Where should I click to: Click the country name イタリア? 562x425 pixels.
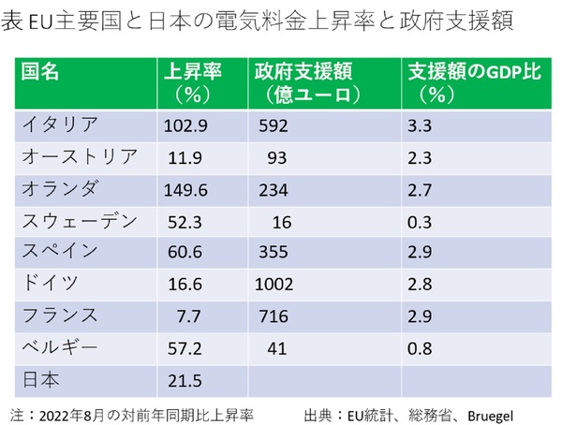click(60, 123)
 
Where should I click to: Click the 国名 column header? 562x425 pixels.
click(41, 71)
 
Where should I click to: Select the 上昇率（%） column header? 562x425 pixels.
click(191, 81)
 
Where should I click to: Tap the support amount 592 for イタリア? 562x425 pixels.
click(273, 123)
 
